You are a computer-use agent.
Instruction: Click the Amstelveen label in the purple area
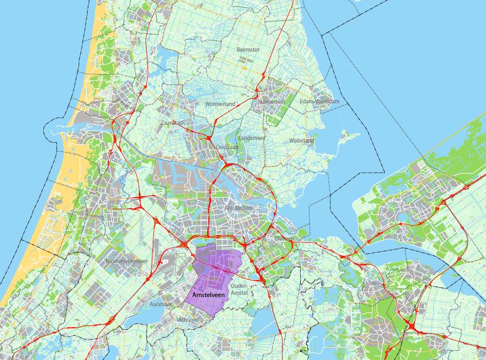208,295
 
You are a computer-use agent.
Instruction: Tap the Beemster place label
248,50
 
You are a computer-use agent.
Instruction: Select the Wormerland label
220,104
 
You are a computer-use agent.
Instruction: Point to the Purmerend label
271,102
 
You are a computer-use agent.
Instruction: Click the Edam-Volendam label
320,102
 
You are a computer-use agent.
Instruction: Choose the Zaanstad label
172,123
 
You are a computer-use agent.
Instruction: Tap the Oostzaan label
227,147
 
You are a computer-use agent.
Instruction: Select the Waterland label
301,141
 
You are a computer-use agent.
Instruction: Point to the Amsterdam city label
238,208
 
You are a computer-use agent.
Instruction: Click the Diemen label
284,238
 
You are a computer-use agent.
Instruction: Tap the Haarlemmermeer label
127,261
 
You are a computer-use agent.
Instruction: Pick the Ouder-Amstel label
239,289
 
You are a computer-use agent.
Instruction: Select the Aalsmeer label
161,304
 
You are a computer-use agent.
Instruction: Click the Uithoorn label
187,320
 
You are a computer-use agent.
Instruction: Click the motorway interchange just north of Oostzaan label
207,138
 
